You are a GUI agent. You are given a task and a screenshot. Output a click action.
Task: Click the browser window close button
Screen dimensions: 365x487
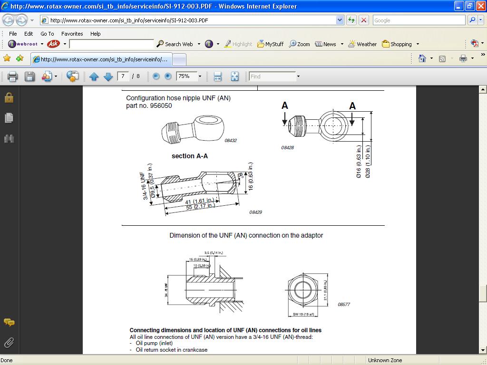tap(480, 6)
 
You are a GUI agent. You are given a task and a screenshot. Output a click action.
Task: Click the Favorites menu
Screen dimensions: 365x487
tap(72, 34)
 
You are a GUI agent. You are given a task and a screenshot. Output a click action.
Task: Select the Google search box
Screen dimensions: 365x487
tap(419, 20)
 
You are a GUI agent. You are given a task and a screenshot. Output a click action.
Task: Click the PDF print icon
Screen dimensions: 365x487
tap(12, 77)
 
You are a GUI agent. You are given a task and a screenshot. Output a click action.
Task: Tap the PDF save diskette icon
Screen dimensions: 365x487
tap(29, 77)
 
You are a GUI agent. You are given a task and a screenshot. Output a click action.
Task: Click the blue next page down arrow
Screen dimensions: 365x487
tap(108, 77)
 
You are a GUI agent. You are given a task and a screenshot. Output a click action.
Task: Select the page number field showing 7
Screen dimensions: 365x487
tap(123, 77)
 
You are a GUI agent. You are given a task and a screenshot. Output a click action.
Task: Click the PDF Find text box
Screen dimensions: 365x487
tap(272, 77)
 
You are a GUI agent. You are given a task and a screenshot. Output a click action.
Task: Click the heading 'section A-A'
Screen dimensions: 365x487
tap(189, 156)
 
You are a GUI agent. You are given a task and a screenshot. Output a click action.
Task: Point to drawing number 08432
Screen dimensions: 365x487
tap(231, 141)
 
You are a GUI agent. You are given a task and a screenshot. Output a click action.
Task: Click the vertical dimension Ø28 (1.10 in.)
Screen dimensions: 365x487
tap(368, 162)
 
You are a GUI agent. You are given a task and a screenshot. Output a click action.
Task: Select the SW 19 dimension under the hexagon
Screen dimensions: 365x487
tap(302, 314)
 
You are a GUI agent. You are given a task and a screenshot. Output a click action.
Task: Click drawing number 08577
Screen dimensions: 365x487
tap(344, 304)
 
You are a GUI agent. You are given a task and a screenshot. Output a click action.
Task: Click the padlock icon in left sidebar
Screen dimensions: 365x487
tap(9, 97)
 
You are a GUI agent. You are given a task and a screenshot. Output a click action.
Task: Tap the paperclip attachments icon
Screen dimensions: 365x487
tap(9, 342)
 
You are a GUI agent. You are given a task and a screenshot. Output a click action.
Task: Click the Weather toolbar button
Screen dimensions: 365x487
tap(362, 44)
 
